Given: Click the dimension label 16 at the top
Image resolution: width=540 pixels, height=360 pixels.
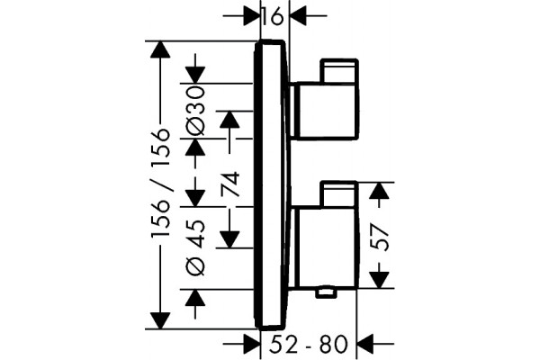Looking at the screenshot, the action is click(x=273, y=16).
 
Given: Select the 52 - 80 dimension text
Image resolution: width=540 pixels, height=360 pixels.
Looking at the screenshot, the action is click(x=308, y=344).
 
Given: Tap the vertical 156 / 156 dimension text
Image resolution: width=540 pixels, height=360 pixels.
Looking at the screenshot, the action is click(x=160, y=183).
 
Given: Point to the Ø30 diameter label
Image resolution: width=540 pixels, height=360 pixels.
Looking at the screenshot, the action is click(x=195, y=110).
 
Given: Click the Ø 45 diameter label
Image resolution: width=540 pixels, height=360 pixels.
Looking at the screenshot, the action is click(x=195, y=247).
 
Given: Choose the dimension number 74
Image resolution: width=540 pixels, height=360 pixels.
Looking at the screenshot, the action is click(x=229, y=184).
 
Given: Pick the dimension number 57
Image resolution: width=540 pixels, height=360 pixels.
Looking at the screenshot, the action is click(x=380, y=238).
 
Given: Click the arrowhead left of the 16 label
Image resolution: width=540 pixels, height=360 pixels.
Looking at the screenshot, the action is click(x=251, y=16).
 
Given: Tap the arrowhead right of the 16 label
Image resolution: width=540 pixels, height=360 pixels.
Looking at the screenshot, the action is click(x=299, y=16).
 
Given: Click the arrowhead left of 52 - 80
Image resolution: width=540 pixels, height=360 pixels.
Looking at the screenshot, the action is click(x=251, y=344).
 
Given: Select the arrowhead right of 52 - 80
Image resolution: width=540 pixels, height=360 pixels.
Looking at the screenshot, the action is click(x=366, y=344).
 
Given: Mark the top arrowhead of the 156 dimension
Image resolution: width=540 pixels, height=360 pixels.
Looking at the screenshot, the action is click(x=160, y=50).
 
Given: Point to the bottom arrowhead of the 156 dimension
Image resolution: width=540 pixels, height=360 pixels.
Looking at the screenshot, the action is click(x=160, y=320).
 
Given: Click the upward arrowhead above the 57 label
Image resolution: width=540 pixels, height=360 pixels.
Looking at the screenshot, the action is click(x=379, y=191).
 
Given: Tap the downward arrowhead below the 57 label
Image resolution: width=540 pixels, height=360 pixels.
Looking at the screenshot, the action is click(x=379, y=279).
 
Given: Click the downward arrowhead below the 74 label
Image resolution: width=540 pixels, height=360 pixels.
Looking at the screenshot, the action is click(x=229, y=239).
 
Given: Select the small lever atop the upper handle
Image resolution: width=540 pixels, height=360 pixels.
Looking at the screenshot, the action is click(x=339, y=71).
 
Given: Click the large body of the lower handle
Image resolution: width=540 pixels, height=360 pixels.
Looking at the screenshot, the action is click(x=326, y=247).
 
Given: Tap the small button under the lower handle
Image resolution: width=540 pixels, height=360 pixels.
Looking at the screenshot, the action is click(x=327, y=293).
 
